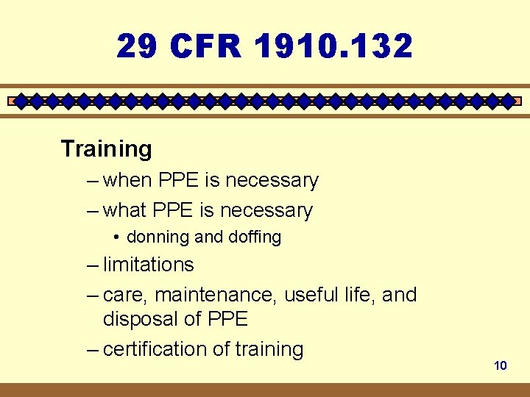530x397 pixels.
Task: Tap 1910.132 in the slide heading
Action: pyautogui.click(x=333, y=47)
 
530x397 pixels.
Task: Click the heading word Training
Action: pyautogui.click(x=107, y=149)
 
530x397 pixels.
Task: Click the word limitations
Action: pyautogui.click(x=148, y=265)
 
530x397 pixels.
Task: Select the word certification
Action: pyautogui.click(x=155, y=349)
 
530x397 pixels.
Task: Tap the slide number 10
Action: pyautogui.click(x=501, y=365)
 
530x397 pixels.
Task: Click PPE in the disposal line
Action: pyautogui.click(x=227, y=319)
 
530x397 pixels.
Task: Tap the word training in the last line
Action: pyautogui.click(x=269, y=349)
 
